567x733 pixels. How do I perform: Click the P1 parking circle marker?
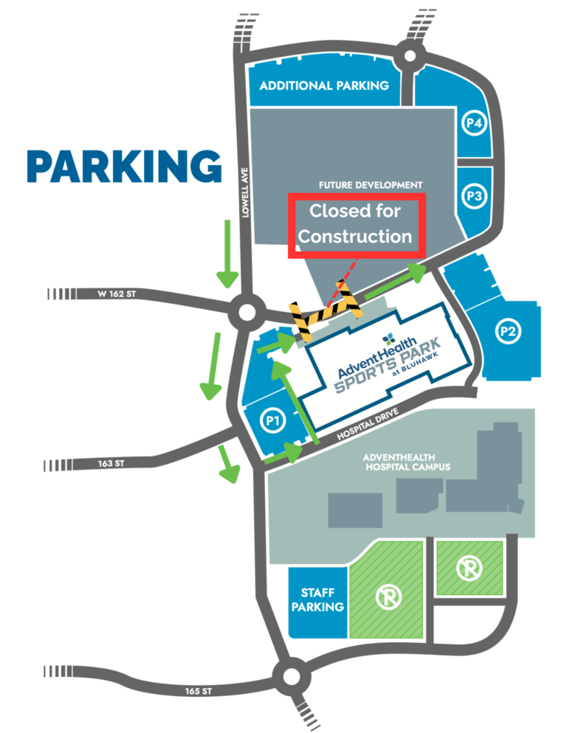point(272,420)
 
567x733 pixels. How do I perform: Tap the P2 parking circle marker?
point(508,331)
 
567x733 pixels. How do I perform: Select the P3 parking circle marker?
point(474,196)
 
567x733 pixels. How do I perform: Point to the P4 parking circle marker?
point(474,123)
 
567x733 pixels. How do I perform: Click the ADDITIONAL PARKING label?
point(324,86)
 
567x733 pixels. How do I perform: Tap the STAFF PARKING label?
point(317,600)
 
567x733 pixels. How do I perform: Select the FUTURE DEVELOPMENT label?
point(371,185)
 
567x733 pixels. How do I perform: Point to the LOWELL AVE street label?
point(245,192)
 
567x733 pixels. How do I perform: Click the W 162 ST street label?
point(117,294)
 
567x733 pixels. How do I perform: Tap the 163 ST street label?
point(111,464)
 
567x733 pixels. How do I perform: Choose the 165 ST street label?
point(198,691)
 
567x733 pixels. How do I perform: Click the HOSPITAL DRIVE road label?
point(368,424)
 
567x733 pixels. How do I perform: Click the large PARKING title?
point(124,167)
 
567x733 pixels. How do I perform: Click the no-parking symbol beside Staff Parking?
point(388,597)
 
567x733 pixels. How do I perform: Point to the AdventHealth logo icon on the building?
point(388,338)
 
